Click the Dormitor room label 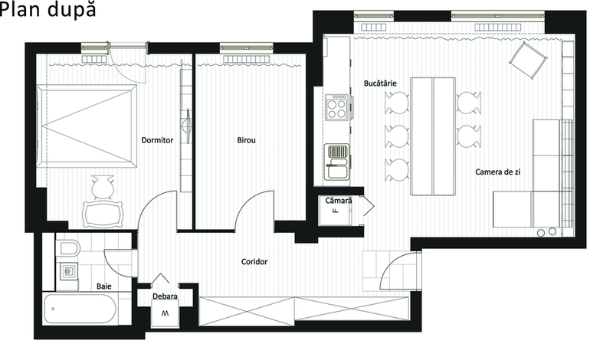click(157, 140)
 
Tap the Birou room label click(246, 140)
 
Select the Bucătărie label click(380, 83)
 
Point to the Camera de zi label click(497, 172)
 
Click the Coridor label click(254, 261)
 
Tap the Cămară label click(339, 201)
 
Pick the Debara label click(165, 296)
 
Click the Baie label click(104, 286)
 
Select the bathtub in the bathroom click(80, 309)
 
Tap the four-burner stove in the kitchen click(336, 106)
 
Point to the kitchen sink click(337, 162)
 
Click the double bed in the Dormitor click(87, 126)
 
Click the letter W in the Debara click(166, 313)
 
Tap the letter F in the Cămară click(335, 211)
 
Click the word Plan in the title click(22, 9)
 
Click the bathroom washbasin click(69, 271)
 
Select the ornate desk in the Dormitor click(102, 214)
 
